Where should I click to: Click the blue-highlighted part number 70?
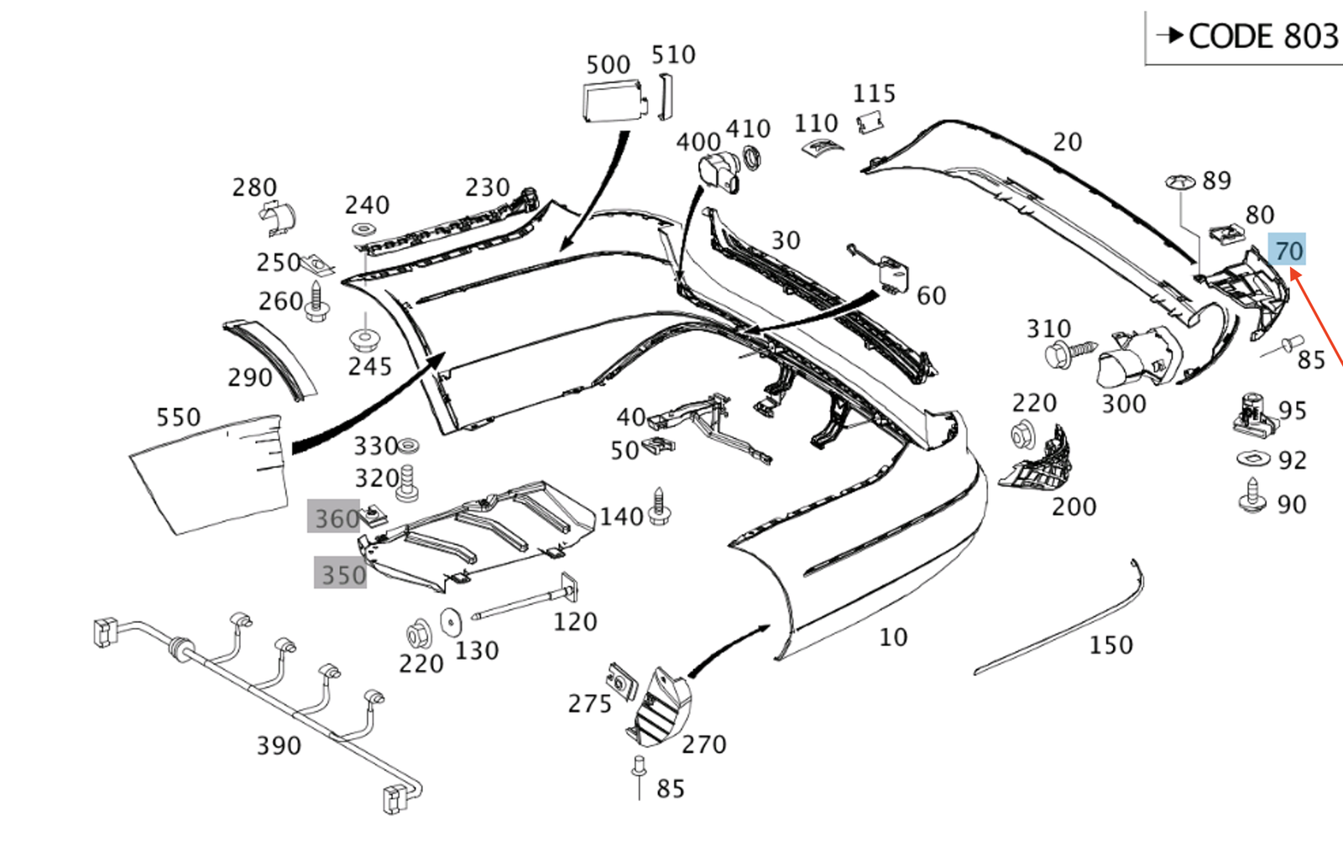pyautogui.click(x=1288, y=250)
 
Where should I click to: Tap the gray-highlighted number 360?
pyautogui.click(x=336, y=518)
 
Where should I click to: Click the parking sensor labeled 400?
pyautogui.click(x=719, y=172)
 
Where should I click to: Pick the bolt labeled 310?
pyautogui.click(x=1068, y=352)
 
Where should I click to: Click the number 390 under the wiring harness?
pyautogui.click(x=279, y=745)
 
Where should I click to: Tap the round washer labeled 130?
pyautogui.click(x=451, y=622)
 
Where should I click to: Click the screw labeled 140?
pyautogui.click(x=659, y=506)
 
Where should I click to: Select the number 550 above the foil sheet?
pyautogui.click(x=178, y=416)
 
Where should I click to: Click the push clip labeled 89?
pyautogui.click(x=1180, y=182)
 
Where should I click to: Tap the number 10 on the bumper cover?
pyautogui.click(x=893, y=637)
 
